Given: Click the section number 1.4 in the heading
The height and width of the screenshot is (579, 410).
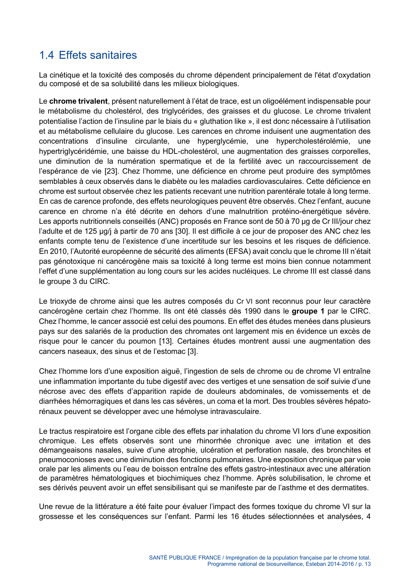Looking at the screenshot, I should coord(46,55).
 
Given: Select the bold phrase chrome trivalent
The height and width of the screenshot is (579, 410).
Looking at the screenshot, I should coord(78,101).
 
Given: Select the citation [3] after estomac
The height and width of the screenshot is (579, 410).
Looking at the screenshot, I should coord(193,352).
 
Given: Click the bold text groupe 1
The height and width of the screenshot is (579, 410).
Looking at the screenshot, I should coord(308,311).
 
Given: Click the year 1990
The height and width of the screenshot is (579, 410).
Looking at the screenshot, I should coord(253,311).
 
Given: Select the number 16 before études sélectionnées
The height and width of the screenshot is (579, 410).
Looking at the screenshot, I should coord(235,516).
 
